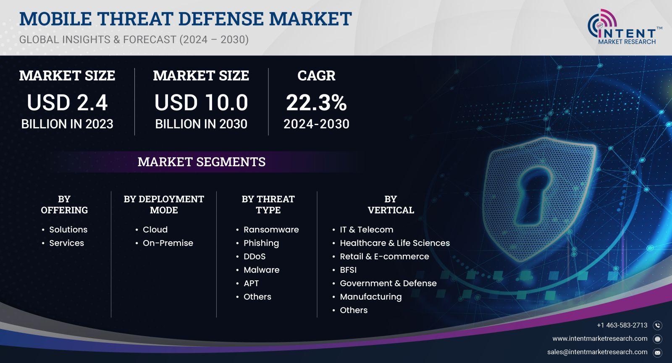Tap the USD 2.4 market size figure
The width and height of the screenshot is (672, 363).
click(67, 102)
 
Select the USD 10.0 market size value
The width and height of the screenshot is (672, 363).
click(201, 102)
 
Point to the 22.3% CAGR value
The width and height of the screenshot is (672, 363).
click(316, 102)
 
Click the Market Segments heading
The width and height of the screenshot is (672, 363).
click(202, 162)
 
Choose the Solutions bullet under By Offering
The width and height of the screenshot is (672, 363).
click(68, 230)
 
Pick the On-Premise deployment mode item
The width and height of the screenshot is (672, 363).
click(168, 243)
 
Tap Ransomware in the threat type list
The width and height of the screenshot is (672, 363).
click(271, 230)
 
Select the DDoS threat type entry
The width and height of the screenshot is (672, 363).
click(255, 256)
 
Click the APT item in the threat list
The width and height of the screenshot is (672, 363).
click(251, 283)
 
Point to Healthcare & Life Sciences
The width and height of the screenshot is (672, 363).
click(395, 243)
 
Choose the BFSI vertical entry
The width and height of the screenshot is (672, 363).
click(348, 270)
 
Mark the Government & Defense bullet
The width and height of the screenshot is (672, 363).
click(388, 283)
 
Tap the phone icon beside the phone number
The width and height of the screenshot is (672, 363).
click(658, 325)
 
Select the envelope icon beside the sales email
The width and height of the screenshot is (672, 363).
click(658, 353)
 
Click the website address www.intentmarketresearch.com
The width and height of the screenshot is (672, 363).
click(600, 339)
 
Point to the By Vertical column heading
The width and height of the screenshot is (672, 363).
click(391, 204)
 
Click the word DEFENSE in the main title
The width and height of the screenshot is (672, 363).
click(221, 18)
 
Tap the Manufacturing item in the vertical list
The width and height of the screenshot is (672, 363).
click(371, 297)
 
